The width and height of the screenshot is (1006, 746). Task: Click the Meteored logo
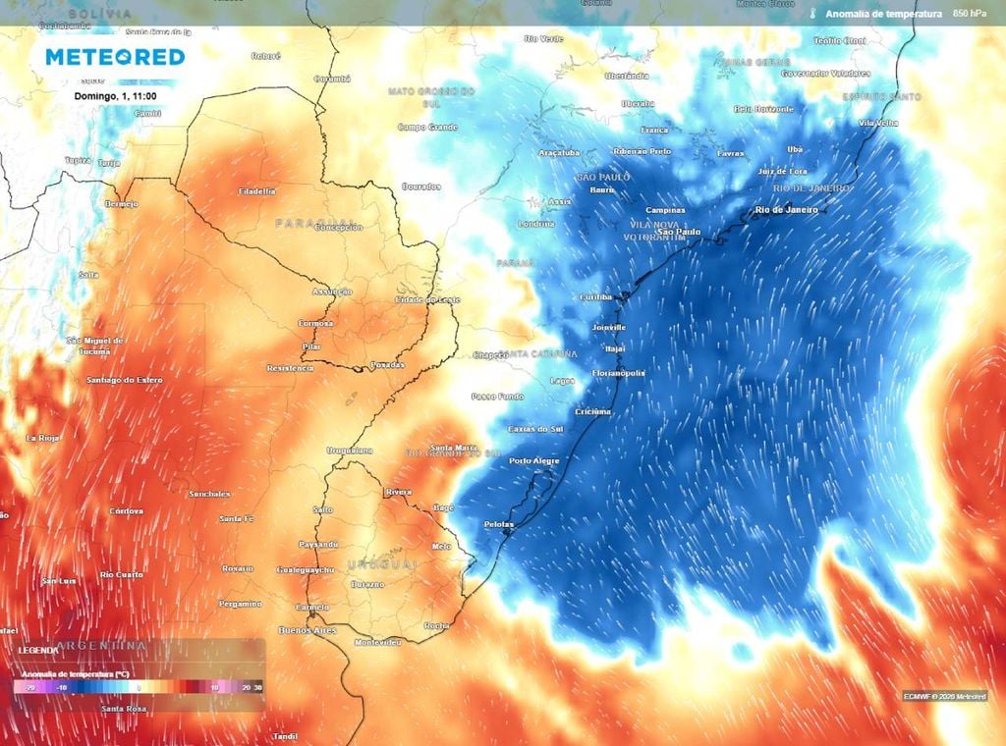[115, 57]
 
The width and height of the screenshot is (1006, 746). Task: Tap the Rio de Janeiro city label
[786, 210]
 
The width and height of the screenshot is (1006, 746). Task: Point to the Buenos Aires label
[308, 629]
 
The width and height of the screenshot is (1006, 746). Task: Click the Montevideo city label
[377, 642]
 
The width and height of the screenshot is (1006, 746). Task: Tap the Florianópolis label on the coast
[619, 373]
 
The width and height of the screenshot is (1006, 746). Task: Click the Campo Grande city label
[428, 127]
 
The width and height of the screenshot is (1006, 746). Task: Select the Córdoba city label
[127, 510]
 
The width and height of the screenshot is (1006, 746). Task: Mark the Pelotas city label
[499, 524]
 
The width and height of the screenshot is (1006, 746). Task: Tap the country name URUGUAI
[382, 565]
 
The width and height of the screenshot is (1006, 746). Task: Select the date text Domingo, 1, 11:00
[114, 96]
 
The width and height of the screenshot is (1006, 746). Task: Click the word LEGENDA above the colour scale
[38, 650]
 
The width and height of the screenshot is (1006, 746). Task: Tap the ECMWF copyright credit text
[944, 696]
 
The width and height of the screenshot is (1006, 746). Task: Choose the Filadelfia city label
[257, 191]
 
